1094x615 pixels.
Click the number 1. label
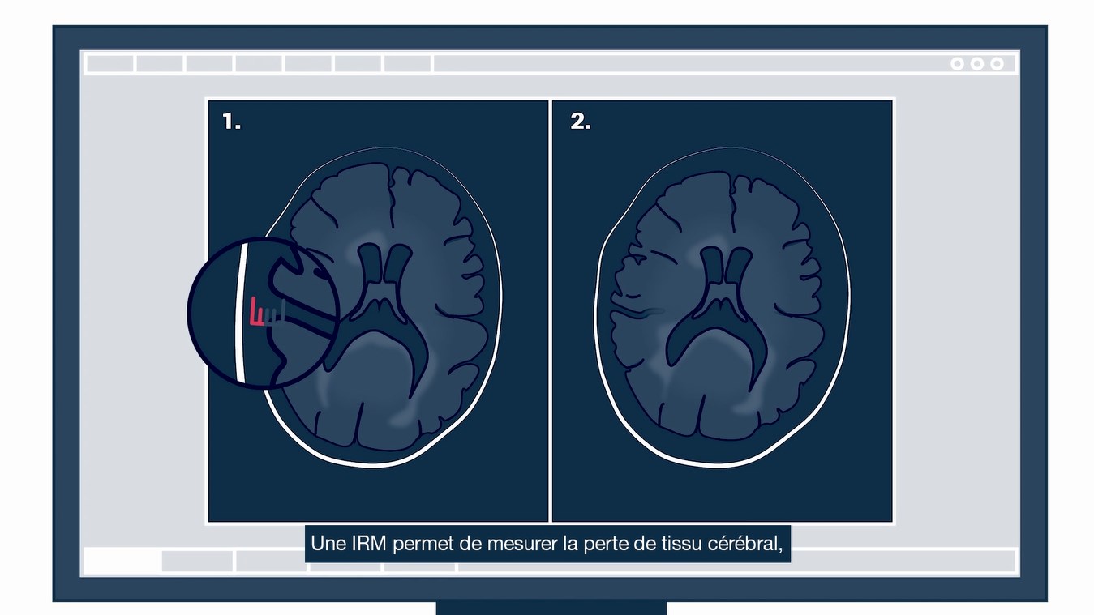(x=231, y=121)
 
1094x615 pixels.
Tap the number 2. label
(x=581, y=121)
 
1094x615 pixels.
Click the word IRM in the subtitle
(x=369, y=543)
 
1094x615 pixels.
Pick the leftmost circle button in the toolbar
(x=957, y=64)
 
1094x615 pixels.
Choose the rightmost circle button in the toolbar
(x=997, y=64)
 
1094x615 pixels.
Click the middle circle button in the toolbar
(x=977, y=64)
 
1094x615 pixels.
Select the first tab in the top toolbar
(x=110, y=64)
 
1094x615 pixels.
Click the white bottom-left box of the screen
(x=122, y=562)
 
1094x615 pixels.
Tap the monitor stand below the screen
(x=551, y=608)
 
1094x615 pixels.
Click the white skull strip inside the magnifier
(x=241, y=313)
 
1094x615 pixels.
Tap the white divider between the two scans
(x=551, y=311)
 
